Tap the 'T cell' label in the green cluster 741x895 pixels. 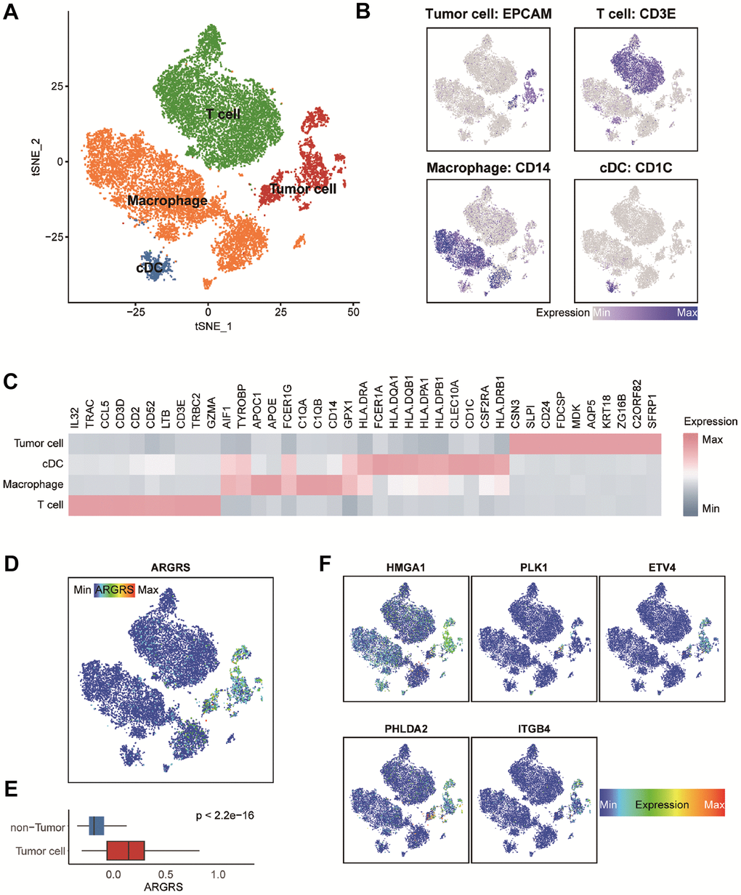click(223, 114)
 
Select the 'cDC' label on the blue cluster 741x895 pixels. click(148, 268)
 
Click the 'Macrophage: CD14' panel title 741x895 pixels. click(488, 168)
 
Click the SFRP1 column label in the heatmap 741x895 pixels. click(654, 416)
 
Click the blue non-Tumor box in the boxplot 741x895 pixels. click(97, 826)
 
